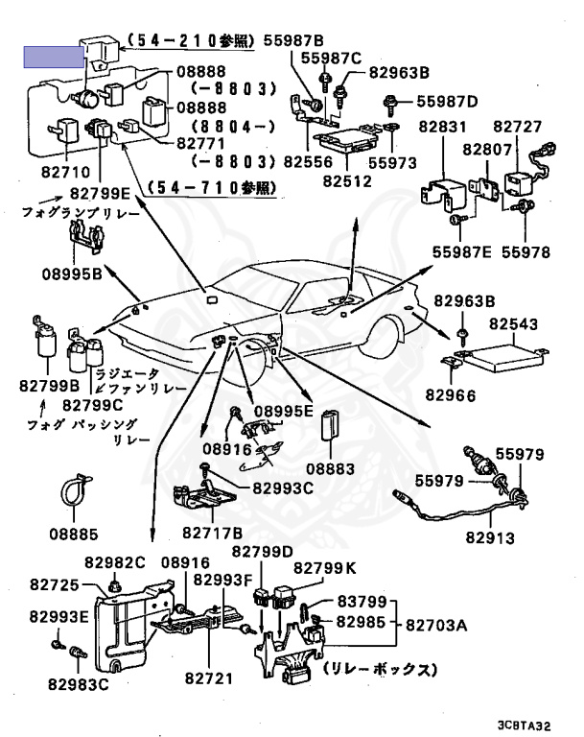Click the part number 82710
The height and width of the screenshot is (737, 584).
pyautogui.click(x=65, y=172)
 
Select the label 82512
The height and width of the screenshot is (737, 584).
pyautogui.click(x=347, y=181)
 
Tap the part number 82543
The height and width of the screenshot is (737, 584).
pyautogui.click(x=514, y=323)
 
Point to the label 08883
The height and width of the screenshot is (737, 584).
pyautogui.click(x=330, y=468)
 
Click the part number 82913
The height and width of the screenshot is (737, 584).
pyautogui.click(x=490, y=537)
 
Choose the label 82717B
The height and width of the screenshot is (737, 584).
pyautogui.click(x=212, y=533)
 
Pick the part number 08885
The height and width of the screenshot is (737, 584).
pyautogui.click(x=74, y=534)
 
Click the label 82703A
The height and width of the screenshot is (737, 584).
pyautogui.click(x=436, y=625)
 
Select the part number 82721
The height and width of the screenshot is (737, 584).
pyautogui.click(x=209, y=678)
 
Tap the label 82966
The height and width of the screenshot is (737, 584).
pyautogui.click(x=451, y=395)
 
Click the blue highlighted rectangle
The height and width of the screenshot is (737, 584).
pyautogui.click(x=54, y=58)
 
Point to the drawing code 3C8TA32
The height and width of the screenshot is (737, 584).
pyautogui.click(x=524, y=725)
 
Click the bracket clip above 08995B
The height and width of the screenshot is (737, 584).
pyautogui.click(x=87, y=237)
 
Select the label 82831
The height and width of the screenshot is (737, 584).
pyautogui.click(x=443, y=127)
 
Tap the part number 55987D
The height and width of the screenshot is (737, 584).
pyautogui.click(x=447, y=102)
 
